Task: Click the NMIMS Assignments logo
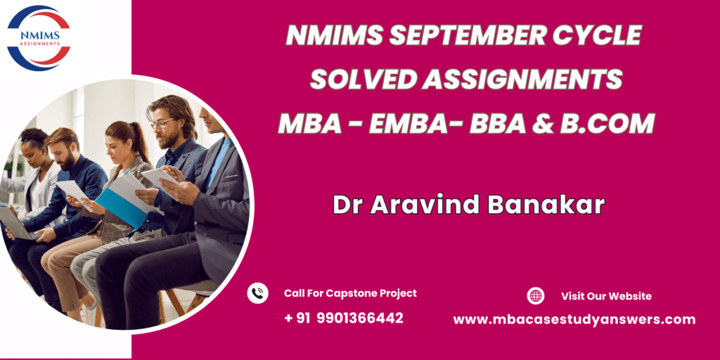39,38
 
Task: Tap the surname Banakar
546,205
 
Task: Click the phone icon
257,293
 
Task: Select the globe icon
535,296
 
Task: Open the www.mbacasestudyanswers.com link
574,319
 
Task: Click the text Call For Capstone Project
350,293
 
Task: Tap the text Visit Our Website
606,296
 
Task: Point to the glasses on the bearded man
162,124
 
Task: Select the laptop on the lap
15,223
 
